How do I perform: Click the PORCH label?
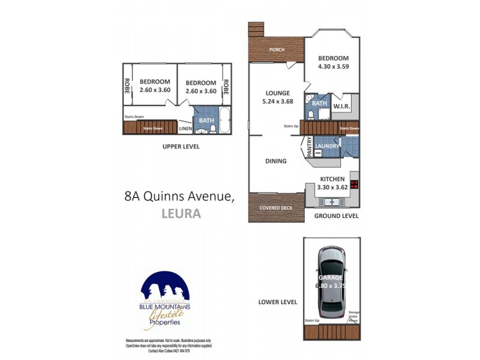coord(277,50)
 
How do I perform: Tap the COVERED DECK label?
coord(276,208)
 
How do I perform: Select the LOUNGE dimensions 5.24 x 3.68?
coord(277,102)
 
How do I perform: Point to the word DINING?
coord(276,161)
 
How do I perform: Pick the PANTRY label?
coord(309,146)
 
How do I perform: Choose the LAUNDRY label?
coord(329,146)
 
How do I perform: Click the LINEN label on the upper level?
coord(185,128)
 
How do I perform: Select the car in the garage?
coord(331,282)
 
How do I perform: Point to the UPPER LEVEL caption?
coord(181,146)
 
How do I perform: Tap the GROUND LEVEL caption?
coord(336,216)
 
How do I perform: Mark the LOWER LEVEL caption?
coord(278,302)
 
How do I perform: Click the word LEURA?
coord(181,212)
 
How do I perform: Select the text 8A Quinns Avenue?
coord(179,195)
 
